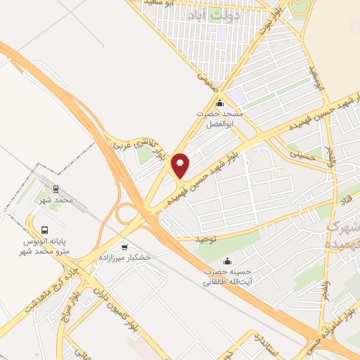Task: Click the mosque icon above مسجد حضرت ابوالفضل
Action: [x=219, y=103]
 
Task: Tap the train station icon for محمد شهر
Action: [x=57, y=189]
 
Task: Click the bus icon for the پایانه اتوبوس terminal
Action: [x=45, y=230]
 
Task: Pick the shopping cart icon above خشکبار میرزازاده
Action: [x=125, y=246]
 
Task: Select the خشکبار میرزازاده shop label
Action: [x=127, y=258]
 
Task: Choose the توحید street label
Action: [x=204, y=239]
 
